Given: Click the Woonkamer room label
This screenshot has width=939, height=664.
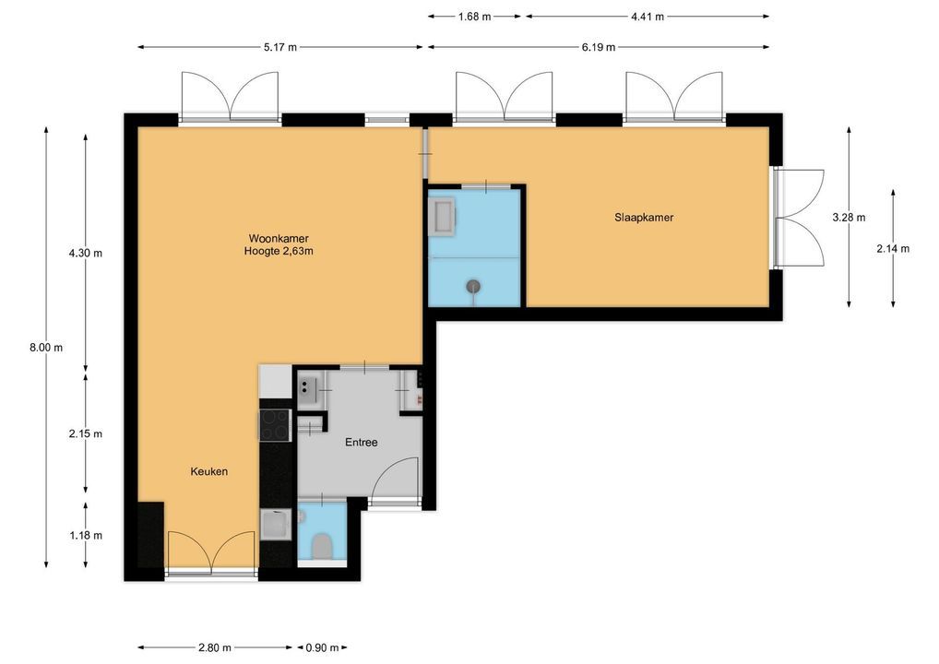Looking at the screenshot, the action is pos(279,238).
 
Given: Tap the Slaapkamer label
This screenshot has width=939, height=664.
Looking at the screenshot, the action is pos(644,218).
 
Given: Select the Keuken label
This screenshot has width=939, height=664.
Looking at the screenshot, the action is pos(209,471).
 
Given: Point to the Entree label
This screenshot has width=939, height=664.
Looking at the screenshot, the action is pos(361,443).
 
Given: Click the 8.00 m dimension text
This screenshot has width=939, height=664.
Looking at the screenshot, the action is pos(46,348).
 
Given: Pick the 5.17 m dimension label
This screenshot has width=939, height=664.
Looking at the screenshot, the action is pos(280,47).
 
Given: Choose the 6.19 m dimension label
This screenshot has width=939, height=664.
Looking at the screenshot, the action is pos(599,47).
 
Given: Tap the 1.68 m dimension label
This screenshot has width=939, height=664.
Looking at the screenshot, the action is pos(474,17).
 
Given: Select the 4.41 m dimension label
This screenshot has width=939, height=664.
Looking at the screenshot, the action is pos(648,17).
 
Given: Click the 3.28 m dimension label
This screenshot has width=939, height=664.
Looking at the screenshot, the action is pos(849,218).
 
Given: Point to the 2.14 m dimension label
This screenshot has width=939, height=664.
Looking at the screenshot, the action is pos(893,248).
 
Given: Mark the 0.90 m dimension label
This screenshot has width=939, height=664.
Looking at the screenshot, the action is pos(322,647).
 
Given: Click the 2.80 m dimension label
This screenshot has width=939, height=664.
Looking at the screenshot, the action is pos(214,647).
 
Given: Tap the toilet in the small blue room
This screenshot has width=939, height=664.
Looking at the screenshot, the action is pos(323,545).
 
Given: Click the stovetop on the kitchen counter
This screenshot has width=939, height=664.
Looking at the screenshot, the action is pos(275,425).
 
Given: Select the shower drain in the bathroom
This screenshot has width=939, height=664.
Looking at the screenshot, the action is pos(474,287).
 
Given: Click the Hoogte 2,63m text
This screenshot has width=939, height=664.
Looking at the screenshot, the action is pos(279,252).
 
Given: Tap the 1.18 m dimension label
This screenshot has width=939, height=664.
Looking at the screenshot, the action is pos(86,535).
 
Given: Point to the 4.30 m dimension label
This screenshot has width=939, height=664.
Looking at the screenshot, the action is pos(86,253).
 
